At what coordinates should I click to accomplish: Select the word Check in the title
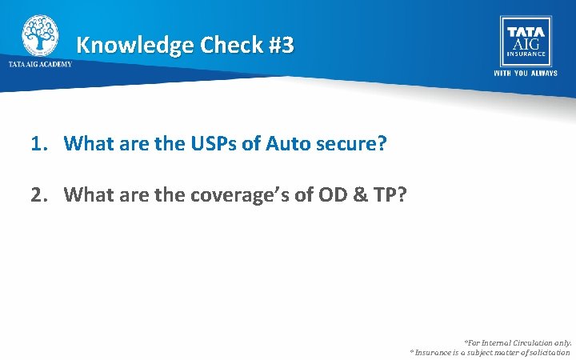click(x=229, y=45)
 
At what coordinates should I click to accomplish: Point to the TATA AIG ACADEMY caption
click(x=40, y=64)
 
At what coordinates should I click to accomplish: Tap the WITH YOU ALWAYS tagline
click(x=525, y=74)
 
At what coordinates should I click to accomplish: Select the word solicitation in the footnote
click(x=546, y=352)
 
